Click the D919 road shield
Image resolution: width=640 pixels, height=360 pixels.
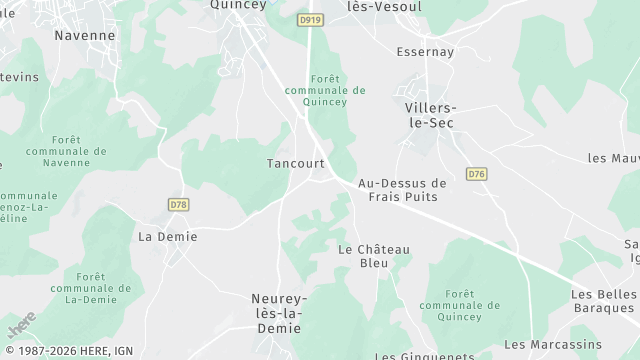point(310,19)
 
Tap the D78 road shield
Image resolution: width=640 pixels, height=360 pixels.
point(178,204)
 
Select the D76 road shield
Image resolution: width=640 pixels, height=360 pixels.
point(477,174)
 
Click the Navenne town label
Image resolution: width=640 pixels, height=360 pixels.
point(85,35)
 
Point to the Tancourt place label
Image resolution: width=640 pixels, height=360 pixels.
point(296,163)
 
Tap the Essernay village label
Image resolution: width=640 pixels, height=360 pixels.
point(425,51)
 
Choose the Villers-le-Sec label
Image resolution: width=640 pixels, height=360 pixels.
point(430,115)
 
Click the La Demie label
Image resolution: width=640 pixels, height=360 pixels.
point(168,237)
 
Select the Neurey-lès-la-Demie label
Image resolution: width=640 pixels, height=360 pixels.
point(279,313)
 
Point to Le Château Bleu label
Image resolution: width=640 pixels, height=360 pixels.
point(374,256)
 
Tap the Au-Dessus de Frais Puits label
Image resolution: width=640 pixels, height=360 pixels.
point(402,190)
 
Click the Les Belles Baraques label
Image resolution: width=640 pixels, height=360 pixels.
point(604,301)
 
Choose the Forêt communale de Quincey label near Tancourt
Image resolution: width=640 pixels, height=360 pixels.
point(324,90)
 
